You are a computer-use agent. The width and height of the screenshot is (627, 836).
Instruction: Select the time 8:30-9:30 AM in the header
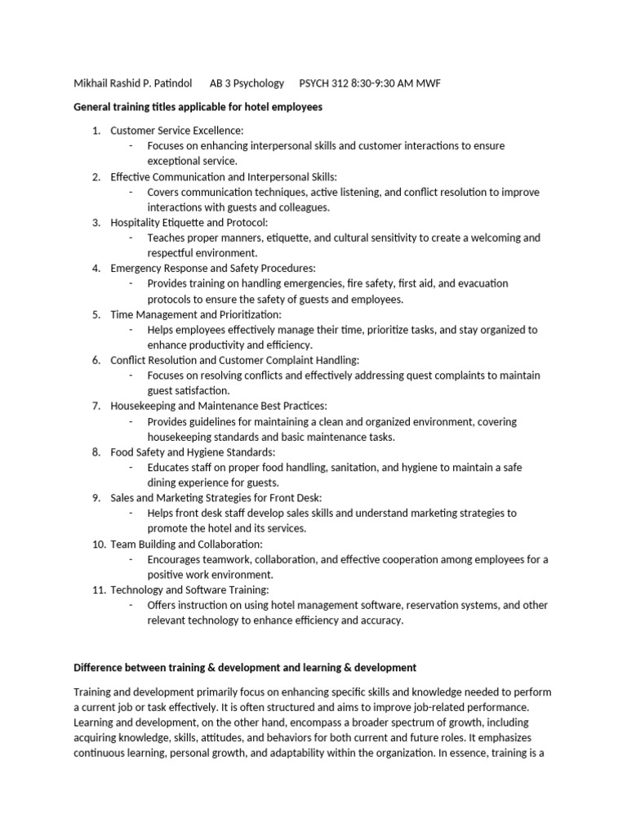383,83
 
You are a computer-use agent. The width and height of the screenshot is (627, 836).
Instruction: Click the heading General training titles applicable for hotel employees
198,107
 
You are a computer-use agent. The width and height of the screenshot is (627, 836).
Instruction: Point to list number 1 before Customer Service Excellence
96,131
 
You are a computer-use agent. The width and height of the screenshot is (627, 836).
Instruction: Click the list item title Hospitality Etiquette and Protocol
189,222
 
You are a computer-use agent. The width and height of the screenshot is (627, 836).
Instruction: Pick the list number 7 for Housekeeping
96,406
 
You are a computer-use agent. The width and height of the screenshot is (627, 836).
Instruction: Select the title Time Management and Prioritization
195,314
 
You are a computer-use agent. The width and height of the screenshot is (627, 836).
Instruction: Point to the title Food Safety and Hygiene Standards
193,451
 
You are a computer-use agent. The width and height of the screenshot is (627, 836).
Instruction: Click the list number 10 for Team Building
98,544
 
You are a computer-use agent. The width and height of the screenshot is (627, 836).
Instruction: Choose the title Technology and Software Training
189,589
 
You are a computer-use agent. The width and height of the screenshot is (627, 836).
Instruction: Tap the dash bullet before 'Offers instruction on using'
131,605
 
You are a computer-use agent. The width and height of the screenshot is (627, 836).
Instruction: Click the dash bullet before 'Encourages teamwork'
131,559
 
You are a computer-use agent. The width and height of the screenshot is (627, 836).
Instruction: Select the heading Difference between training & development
245,667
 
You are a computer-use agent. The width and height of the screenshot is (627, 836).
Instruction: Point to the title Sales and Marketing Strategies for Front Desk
216,498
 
